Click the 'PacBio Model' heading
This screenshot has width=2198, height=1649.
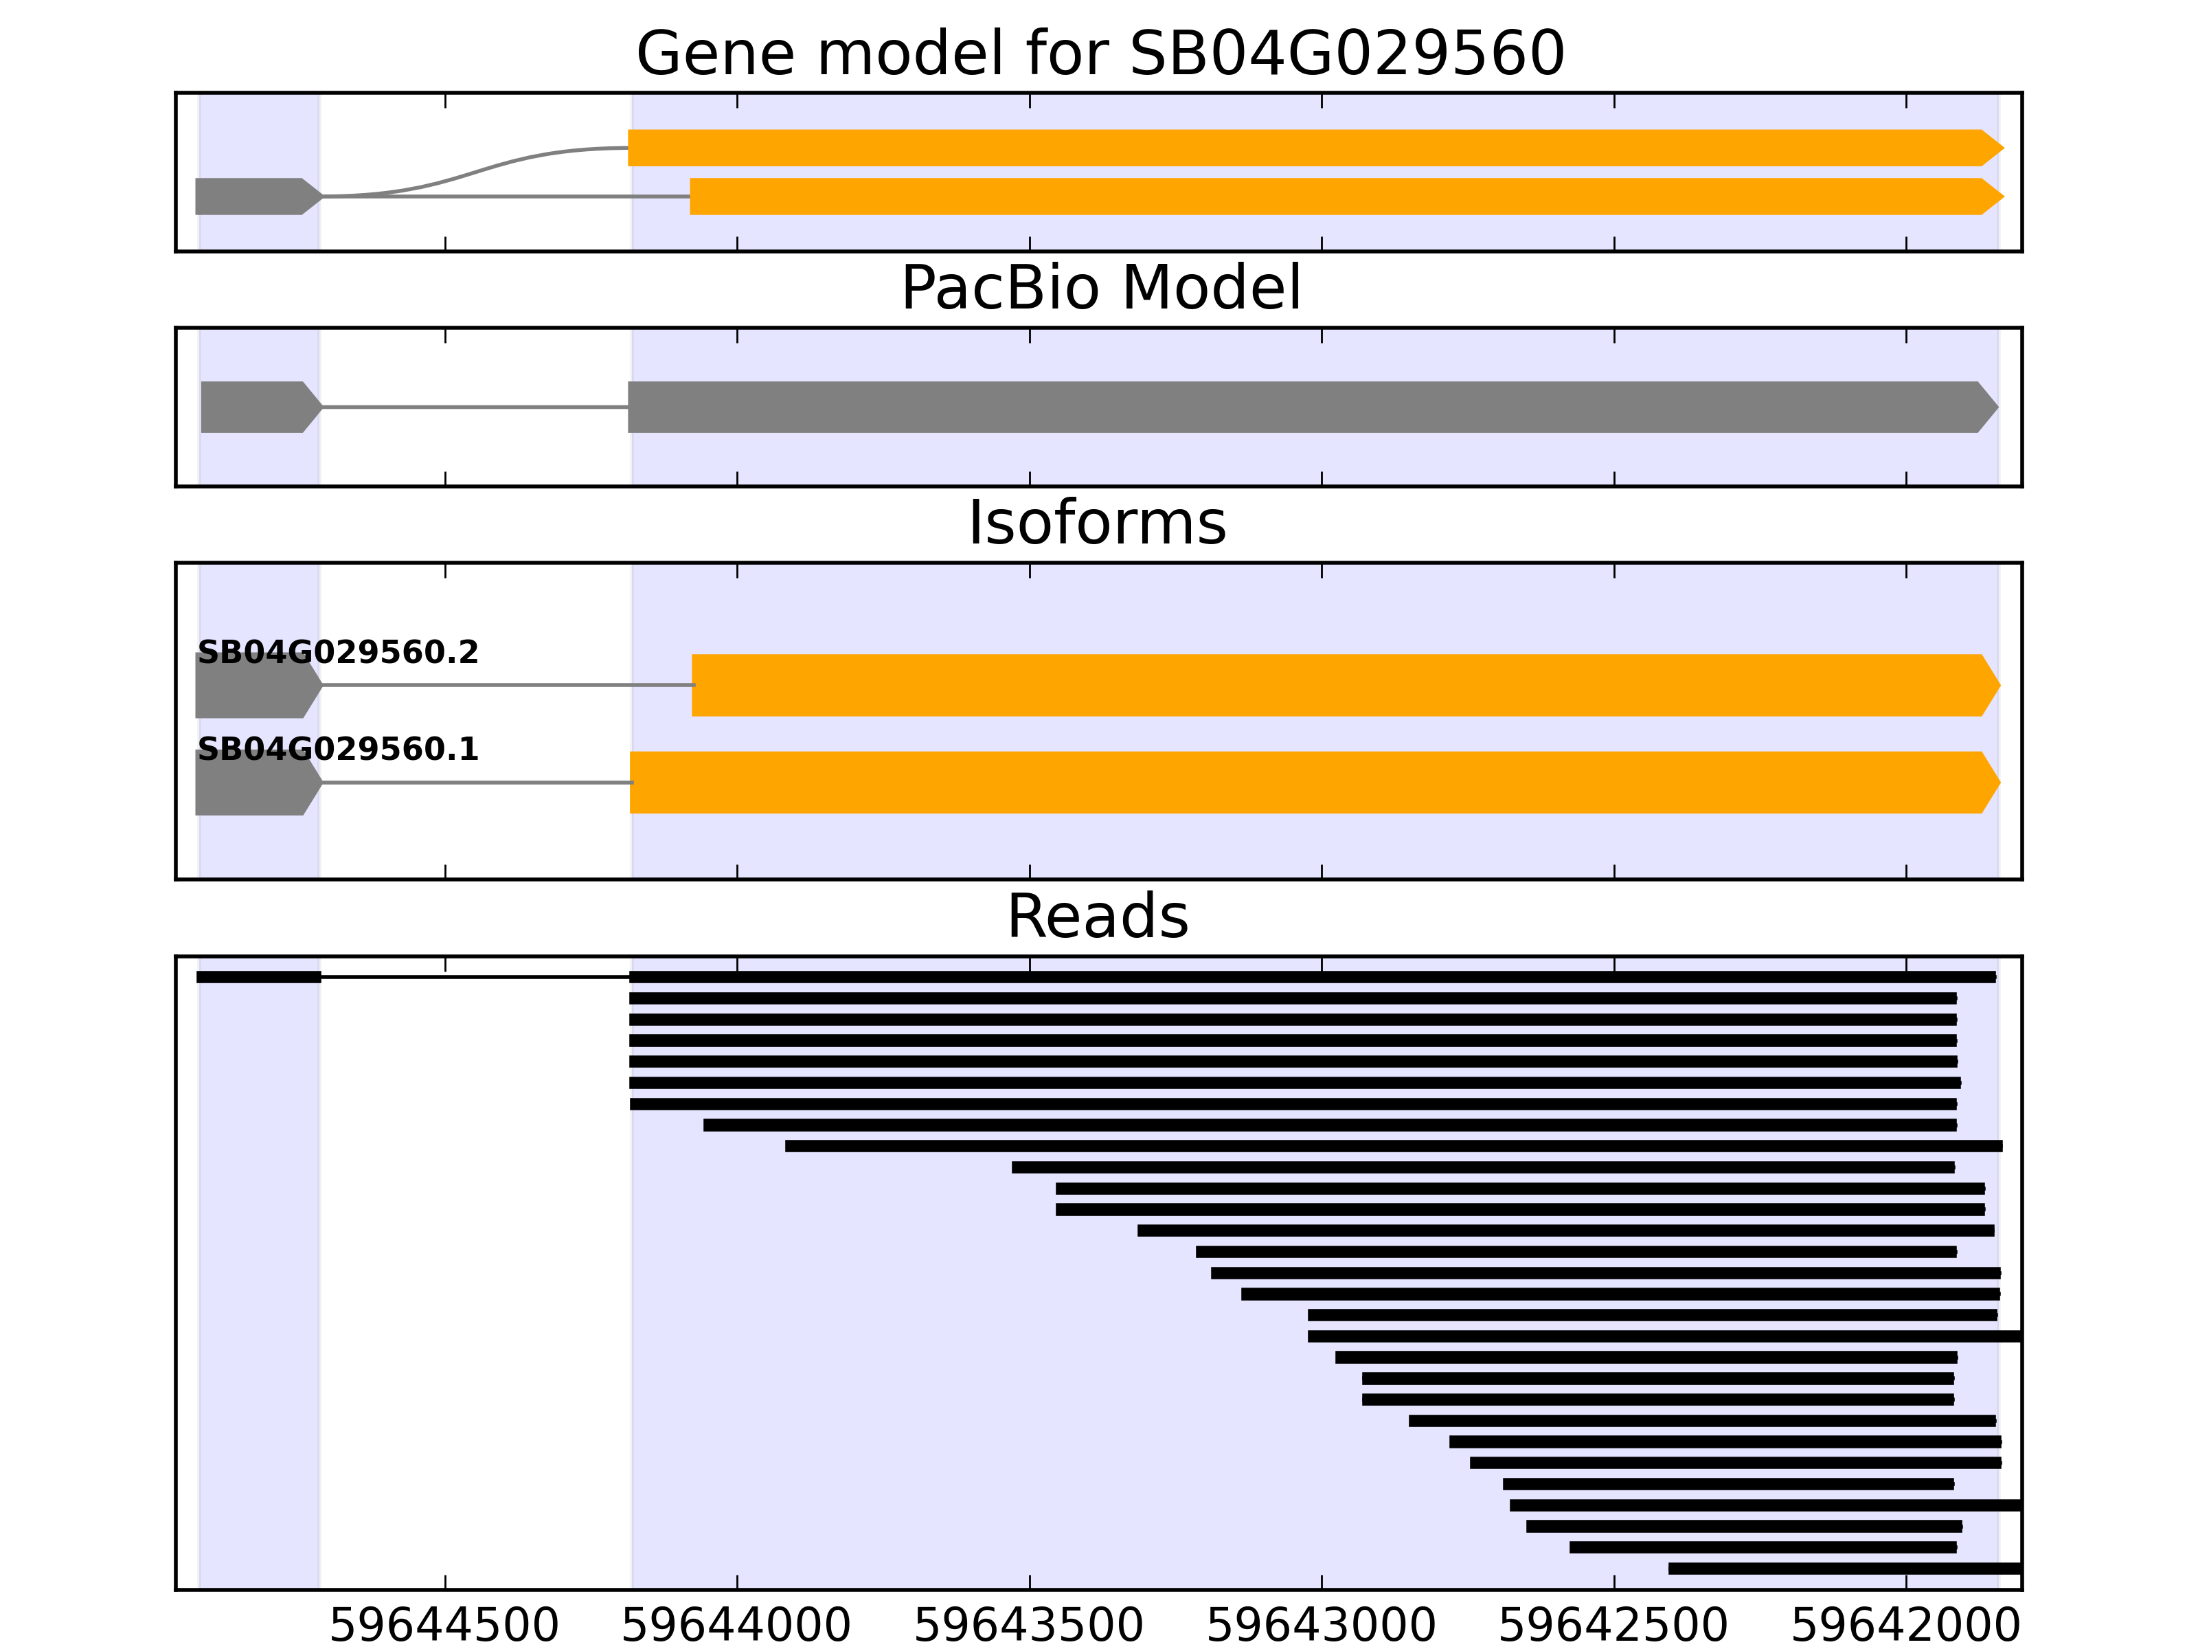pos(1099,289)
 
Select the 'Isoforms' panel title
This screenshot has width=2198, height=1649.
pos(1097,523)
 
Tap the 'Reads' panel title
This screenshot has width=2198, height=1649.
pos(1097,917)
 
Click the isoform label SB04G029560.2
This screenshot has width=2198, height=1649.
pos(338,653)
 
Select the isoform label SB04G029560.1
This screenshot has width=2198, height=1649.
pos(338,750)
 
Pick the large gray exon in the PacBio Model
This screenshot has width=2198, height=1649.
pos(1302,407)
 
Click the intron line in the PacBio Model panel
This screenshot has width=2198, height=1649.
pos(475,407)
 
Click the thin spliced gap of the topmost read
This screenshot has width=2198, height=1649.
pos(475,977)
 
